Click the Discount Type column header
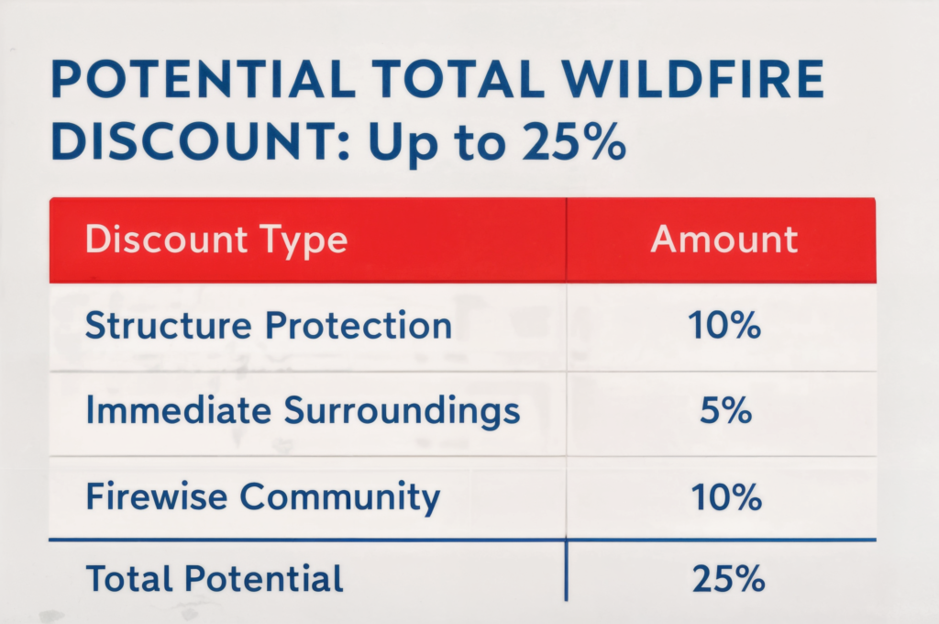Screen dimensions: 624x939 click(216, 240)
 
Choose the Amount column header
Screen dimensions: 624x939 click(724, 240)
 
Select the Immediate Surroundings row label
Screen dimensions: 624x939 click(303, 412)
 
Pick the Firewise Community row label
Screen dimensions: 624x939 click(262, 497)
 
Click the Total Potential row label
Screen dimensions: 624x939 click(215, 579)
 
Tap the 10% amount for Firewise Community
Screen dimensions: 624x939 click(723, 497)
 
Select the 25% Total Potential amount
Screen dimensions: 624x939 click(723, 579)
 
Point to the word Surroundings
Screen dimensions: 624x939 click(402, 412)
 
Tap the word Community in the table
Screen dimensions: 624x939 click(339, 497)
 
